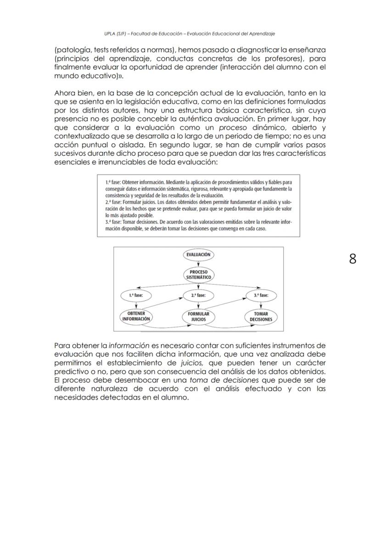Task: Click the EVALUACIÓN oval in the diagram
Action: [x=198, y=255]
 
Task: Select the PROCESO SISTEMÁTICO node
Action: [x=198, y=275]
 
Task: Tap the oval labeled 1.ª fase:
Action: [x=136, y=295]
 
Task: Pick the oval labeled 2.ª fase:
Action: [x=198, y=295]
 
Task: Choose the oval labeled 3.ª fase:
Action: [x=261, y=295]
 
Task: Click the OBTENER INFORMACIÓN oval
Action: [x=136, y=317]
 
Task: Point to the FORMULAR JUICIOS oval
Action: [x=198, y=317]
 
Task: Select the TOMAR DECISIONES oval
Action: [x=261, y=317]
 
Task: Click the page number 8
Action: [x=352, y=259]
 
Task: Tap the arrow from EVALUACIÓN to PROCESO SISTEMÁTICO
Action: [x=198, y=264]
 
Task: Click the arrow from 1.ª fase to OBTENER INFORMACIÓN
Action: [x=136, y=305]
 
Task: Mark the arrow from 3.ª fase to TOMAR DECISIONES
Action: [x=261, y=305]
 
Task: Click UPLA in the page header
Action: [x=110, y=34]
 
